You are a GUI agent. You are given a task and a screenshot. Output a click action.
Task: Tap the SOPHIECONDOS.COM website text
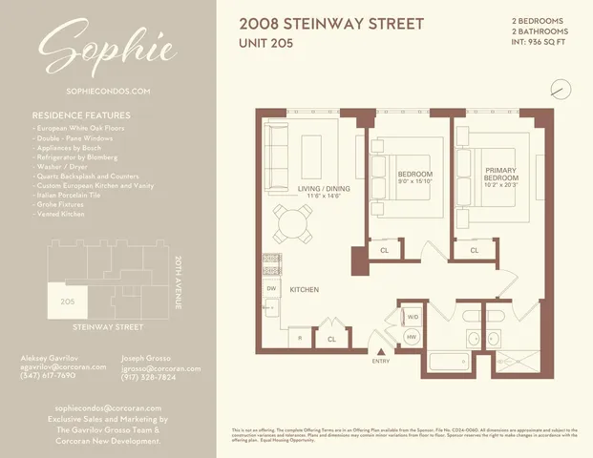(108, 92)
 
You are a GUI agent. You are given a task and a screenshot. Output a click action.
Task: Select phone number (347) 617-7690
(48, 376)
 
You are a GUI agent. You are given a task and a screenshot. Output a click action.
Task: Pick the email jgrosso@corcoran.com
(161, 367)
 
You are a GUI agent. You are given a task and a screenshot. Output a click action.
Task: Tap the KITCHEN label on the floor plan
(305, 289)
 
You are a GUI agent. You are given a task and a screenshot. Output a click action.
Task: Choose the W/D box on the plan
(413, 316)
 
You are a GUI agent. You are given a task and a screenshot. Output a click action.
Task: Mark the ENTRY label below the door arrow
(381, 360)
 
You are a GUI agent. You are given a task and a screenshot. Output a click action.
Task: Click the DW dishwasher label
(271, 288)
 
